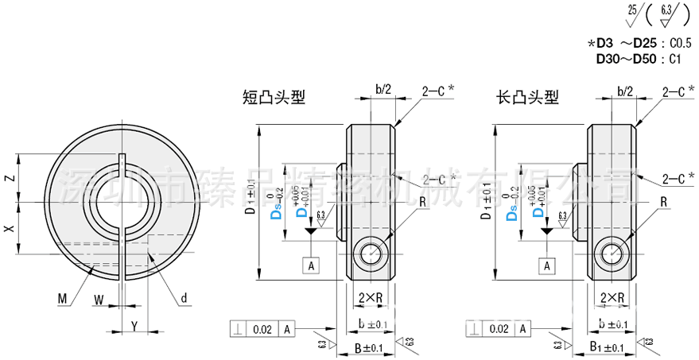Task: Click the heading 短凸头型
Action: pyautogui.click(x=274, y=98)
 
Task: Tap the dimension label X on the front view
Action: pyautogui.click(x=10, y=229)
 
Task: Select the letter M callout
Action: pyautogui.click(x=62, y=299)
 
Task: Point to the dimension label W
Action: pyautogui.click(x=98, y=300)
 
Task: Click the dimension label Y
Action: pyautogui.click(x=134, y=326)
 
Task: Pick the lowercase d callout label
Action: pyautogui.click(x=183, y=299)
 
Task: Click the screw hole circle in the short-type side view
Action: pyautogui.click(x=372, y=254)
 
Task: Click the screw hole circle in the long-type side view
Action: pyautogui.click(x=613, y=254)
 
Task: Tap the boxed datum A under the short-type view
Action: pyautogui.click(x=311, y=265)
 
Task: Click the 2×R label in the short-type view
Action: pyautogui.click(x=371, y=298)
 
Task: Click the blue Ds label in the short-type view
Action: pyautogui.click(x=277, y=214)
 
